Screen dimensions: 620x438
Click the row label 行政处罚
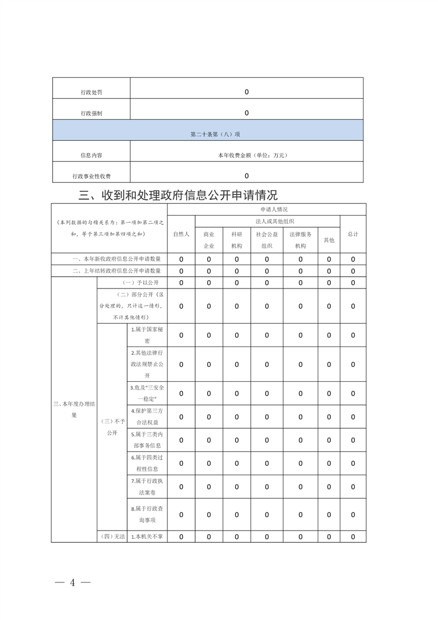(x=91, y=92)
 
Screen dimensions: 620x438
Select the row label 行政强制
(x=91, y=113)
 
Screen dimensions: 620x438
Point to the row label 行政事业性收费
(x=91, y=176)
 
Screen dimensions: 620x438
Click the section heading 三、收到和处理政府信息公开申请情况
(x=178, y=195)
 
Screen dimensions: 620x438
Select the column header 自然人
(x=181, y=234)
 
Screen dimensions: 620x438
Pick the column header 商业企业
(x=209, y=240)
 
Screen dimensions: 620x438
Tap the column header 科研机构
(x=236, y=240)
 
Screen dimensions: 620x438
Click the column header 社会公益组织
(x=267, y=240)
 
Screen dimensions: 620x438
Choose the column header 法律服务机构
(x=300, y=240)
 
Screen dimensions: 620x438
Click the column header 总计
(x=353, y=234)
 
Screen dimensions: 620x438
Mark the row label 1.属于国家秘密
(x=147, y=335)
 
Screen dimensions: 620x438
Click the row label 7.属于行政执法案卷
(x=147, y=486)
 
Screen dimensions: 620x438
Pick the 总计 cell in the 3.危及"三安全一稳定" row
(x=353, y=393)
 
